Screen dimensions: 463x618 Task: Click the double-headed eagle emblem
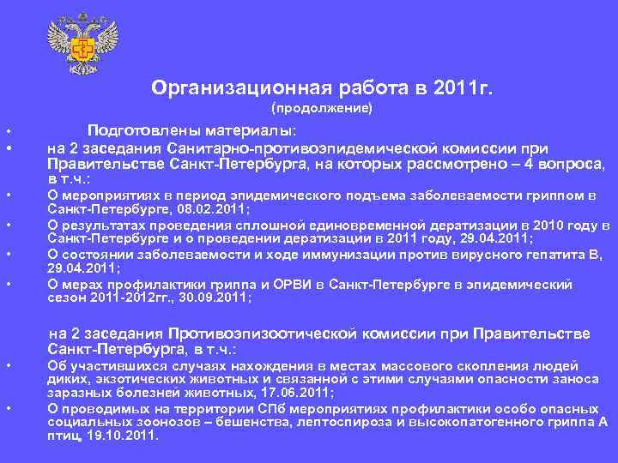(82, 45)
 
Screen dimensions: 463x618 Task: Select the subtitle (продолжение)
(322, 109)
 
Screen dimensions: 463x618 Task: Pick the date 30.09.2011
(219, 298)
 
